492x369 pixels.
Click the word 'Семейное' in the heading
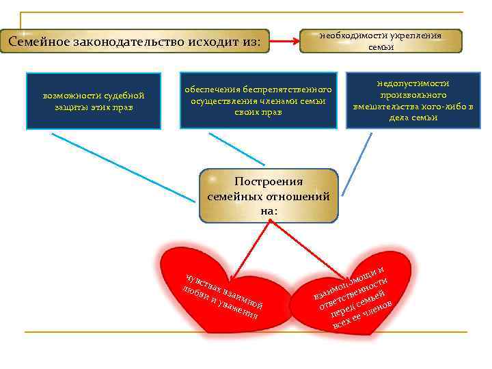(x=35, y=42)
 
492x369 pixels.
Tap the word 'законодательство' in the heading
(x=118, y=42)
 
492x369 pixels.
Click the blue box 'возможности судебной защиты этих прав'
(x=92, y=100)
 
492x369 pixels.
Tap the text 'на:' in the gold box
(x=269, y=211)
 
